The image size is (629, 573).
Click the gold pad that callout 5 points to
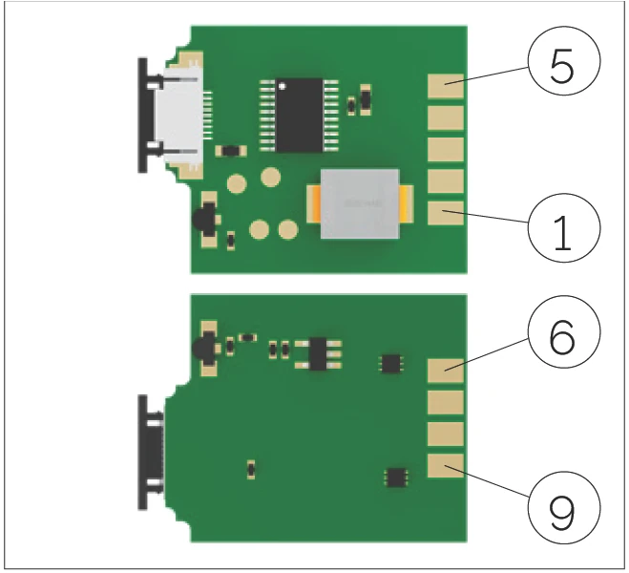[446, 86]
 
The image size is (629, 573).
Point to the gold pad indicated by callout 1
[446, 213]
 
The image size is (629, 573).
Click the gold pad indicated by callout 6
[446, 371]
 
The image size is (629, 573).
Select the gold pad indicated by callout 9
[446, 465]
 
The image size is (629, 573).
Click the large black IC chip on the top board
[300, 116]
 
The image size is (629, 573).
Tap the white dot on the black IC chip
[282, 86]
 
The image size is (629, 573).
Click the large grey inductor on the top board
[360, 203]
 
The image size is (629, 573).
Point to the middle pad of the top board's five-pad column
[446, 150]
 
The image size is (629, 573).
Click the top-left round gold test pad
[237, 184]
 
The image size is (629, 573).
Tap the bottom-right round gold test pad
[288, 230]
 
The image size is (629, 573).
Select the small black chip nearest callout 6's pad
[390, 363]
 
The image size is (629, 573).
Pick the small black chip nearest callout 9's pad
[396, 477]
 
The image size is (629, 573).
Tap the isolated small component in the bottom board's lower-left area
[251, 469]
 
